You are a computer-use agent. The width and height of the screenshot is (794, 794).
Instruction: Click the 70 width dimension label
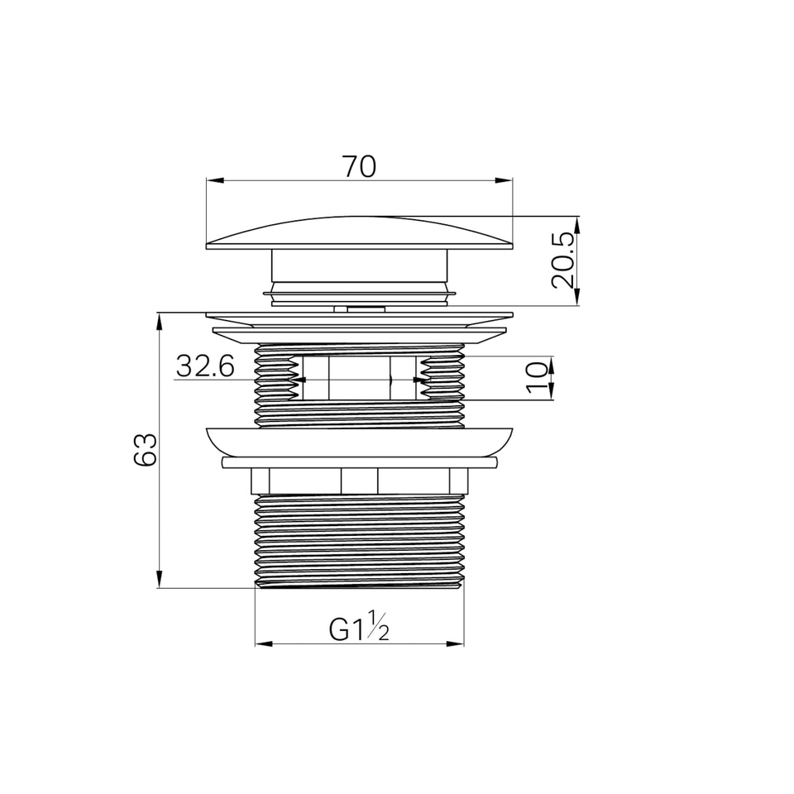tap(360, 166)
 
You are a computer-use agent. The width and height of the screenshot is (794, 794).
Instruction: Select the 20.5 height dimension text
tap(564, 261)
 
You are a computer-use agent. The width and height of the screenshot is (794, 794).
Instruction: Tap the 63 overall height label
tap(146, 450)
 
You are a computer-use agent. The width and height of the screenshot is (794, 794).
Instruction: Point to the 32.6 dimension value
tap(206, 366)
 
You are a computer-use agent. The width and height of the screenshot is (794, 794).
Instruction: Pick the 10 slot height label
tap(538, 377)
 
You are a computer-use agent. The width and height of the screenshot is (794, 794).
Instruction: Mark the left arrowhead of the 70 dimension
tap(215, 180)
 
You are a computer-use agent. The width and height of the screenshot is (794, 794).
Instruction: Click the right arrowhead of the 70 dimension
tap(504, 180)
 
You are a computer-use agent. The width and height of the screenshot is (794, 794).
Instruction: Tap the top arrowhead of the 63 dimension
tap(160, 322)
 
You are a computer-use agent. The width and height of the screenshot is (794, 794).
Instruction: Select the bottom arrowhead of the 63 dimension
tap(160, 579)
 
